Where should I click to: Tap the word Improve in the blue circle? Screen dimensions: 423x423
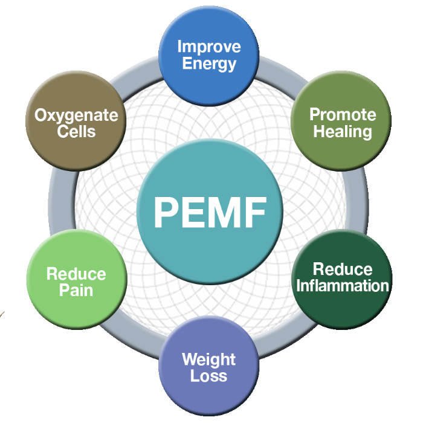tap(208, 47)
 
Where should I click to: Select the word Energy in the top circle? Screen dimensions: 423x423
tap(208, 63)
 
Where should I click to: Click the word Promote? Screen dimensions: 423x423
tap(342, 115)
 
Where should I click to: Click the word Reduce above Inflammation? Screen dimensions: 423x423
tap(342, 269)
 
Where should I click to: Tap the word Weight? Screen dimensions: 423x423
tap(209, 360)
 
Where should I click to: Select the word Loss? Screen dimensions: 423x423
tap(209, 376)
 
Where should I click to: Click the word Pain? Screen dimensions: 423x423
tap(76, 290)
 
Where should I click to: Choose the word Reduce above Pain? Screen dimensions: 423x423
tap(76, 274)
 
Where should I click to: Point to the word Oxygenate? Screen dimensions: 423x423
tap(76, 115)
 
